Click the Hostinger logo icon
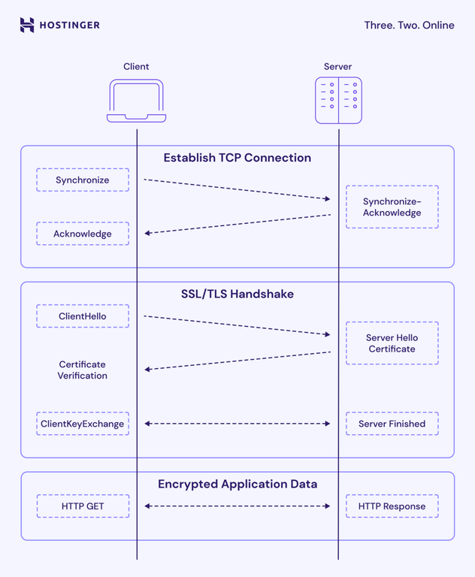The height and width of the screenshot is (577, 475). point(27,25)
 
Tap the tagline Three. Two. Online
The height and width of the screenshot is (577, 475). point(409,25)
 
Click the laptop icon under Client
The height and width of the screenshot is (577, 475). point(136,101)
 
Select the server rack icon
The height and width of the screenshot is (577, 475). point(338,101)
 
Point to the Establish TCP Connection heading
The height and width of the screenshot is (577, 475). point(237,158)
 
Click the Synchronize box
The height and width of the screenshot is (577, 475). point(83,180)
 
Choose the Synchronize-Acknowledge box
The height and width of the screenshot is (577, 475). point(392,207)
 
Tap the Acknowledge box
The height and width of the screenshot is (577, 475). point(83,234)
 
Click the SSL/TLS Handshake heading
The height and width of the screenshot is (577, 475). point(237,294)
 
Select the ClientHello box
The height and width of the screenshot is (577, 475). point(83,316)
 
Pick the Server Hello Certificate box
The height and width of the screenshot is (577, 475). point(392,343)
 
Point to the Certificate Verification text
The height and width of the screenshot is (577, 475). point(83,370)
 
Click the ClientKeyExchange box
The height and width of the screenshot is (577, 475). point(83,424)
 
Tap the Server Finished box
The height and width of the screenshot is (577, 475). point(392,424)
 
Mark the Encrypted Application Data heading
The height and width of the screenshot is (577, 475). point(237,484)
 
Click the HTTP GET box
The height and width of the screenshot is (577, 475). point(83,506)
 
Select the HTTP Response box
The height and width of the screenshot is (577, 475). point(392,506)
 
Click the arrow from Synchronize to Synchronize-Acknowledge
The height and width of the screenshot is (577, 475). point(237,189)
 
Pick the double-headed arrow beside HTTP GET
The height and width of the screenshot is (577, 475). point(237,506)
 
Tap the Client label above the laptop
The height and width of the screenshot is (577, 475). point(136,67)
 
